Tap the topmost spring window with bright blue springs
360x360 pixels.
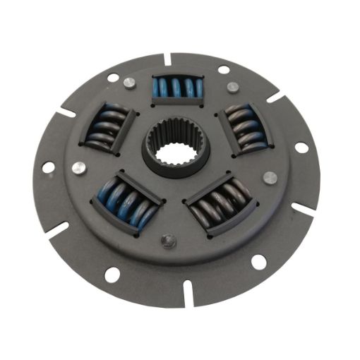pyautogui.click(x=178, y=90)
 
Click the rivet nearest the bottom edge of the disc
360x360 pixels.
pyautogui.click(x=167, y=241)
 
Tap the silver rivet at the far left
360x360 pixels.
pyautogui.click(x=79, y=168)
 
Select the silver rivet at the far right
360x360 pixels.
pyautogui.click(x=269, y=177)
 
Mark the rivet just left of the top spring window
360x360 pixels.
pyautogui.click(x=128, y=83)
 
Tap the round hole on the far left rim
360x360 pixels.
pyautogui.click(x=48, y=168)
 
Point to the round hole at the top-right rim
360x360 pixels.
pyautogui.click(x=224, y=70)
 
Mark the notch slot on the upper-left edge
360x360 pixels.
pyautogui.click(x=67, y=111)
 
